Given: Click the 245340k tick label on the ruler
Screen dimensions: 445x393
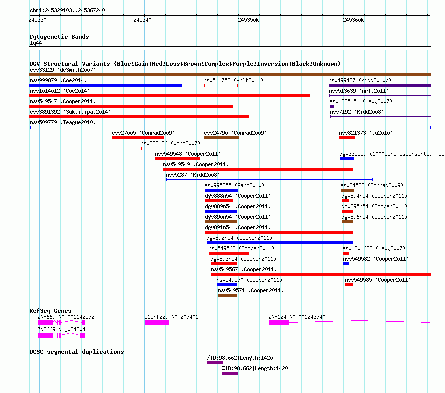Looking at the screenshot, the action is click(144, 20).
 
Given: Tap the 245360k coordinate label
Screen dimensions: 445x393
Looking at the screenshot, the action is click(353, 20).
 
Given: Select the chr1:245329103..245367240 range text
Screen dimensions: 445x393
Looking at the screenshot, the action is click(67, 11).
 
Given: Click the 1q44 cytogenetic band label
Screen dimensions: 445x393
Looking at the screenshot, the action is click(36, 43).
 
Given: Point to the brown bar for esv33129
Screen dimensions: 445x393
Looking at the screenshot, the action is click(230, 75).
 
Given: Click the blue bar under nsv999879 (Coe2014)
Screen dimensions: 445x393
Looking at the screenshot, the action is click(106, 85).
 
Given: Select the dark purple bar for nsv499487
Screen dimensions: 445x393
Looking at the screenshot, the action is click(380, 85).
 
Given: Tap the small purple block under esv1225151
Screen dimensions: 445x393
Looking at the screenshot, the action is click(332, 106).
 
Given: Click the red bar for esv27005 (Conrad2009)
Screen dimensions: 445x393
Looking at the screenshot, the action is click(138, 138).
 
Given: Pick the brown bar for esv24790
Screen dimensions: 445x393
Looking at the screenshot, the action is click(221, 138).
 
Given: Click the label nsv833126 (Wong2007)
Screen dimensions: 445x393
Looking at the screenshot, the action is click(170, 143).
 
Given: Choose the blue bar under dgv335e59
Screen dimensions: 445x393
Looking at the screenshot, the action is click(347, 159).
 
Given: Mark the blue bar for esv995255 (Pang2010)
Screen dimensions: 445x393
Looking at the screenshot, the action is click(221, 190).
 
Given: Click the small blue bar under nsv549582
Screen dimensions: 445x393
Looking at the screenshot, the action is click(346, 264).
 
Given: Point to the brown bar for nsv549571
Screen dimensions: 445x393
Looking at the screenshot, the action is click(228, 295).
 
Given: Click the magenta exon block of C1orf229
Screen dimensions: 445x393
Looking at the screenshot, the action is click(157, 323).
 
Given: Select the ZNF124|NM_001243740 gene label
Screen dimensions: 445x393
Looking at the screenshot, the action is click(297, 317).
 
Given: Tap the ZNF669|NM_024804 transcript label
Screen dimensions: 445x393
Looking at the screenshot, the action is click(61, 329).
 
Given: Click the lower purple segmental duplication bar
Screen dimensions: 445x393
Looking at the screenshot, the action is click(230, 373).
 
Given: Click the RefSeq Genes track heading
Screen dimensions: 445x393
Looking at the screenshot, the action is click(50, 311).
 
